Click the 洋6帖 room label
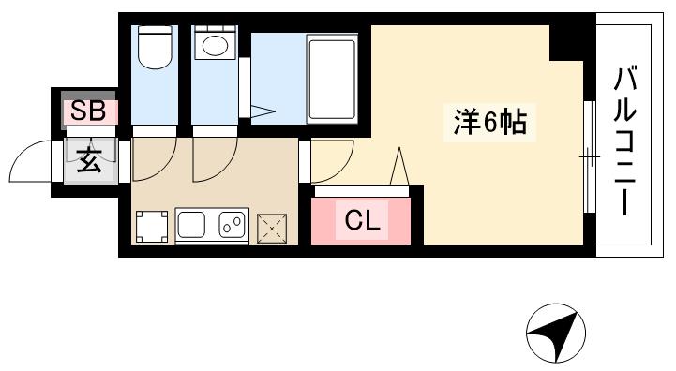tap(488, 123)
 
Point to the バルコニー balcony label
tap(625, 141)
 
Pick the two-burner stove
tap(232, 225)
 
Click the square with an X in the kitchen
tap(271, 226)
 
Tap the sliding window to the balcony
tap(589, 156)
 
